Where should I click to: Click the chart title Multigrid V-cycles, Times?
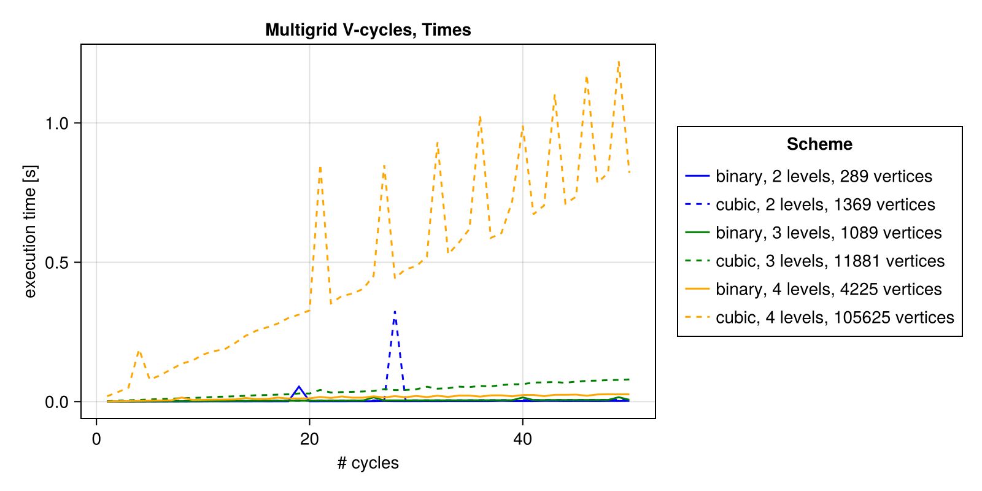tap(368, 30)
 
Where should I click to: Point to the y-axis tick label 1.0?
tap(56, 123)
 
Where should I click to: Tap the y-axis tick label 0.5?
tap(56, 263)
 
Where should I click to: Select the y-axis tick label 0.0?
tap(56, 402)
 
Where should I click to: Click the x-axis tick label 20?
tap(309, 439)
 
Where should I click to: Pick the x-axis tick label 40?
tap(522, 439)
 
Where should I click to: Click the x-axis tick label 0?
tap(96, 439)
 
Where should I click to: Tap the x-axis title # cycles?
tap(368, 463)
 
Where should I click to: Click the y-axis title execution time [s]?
tap(30, 231)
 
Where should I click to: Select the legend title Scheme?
tap(819, 144)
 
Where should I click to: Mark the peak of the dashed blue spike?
tap(395, 312)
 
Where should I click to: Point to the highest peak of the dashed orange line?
tap(619, 61)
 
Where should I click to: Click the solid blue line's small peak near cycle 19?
tap(299, 387)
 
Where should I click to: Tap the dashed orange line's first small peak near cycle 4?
tap(139, 351)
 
